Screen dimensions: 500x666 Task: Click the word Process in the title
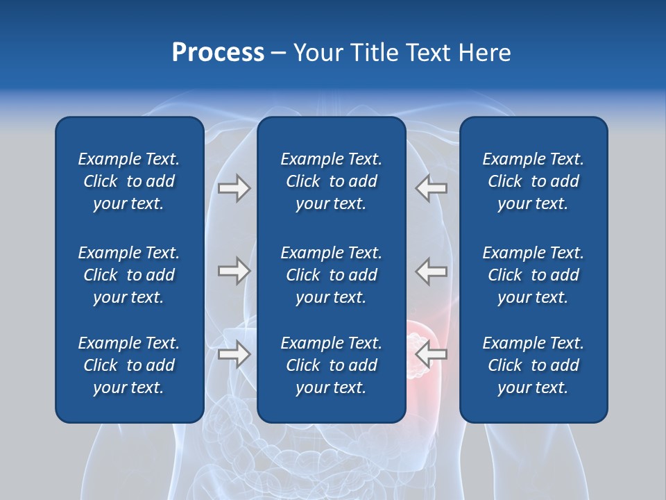(x=218, y=53)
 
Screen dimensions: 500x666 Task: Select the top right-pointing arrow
(x=234, y=188)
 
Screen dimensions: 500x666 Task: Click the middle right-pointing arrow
(x=234, y=271)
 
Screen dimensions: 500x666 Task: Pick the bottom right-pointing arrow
(x=234, y=354)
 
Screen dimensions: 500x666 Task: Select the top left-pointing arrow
(x=432, y=188)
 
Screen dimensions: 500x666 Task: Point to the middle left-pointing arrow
(x=432, y=271)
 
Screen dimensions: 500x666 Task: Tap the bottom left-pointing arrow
(x=432, y=354)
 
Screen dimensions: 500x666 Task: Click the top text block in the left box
(x=129, y=181)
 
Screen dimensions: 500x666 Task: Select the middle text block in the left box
(x=129, y=275)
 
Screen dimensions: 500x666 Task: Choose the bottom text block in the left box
(x=129, y=365)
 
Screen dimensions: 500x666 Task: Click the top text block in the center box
(x=331, y=181)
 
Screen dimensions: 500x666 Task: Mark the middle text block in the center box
(x=331, y=275)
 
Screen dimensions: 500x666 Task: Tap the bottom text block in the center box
(x=331, y=365)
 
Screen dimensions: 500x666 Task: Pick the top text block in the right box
(x=533, y=181)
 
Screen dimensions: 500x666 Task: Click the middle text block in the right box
(x=533, y=275)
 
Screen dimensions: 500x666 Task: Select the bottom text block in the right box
(x=533, y=365)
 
